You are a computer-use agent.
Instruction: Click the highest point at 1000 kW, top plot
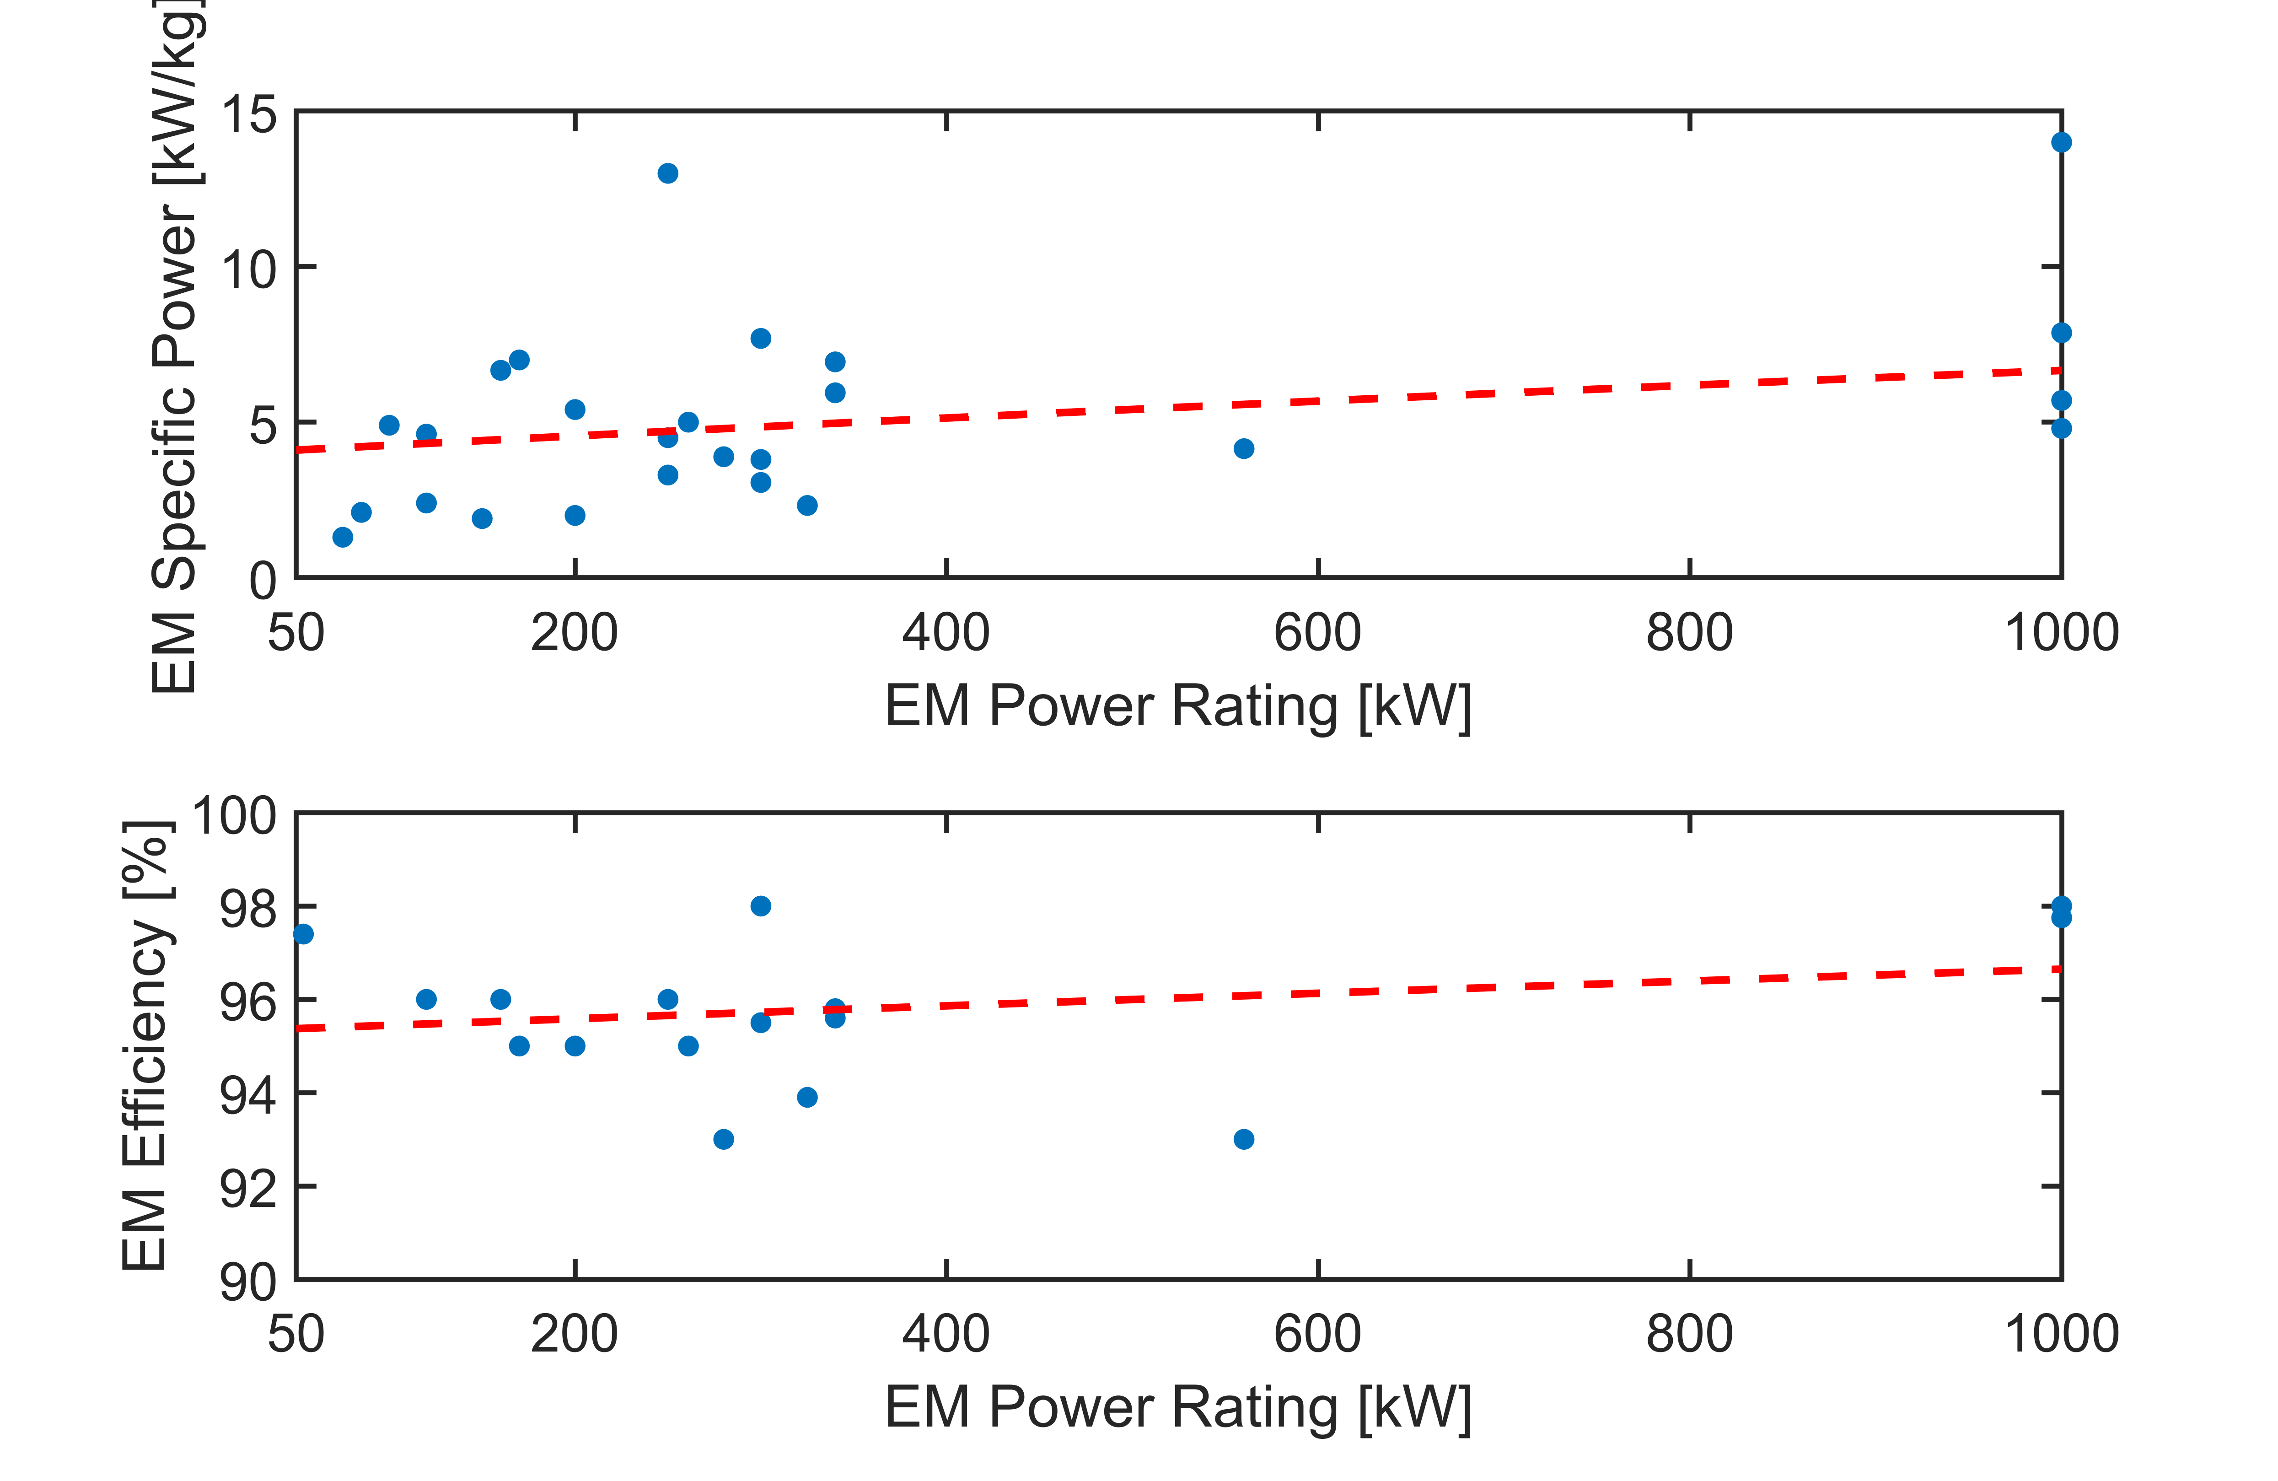[2061, 143]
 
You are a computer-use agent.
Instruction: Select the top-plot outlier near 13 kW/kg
[668, 173]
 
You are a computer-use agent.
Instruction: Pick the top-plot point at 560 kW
[1243, 449]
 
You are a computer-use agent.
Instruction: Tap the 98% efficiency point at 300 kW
[761, 905]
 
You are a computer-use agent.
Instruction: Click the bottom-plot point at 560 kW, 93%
[1243, 1139]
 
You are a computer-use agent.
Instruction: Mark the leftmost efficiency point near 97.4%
[303, 933]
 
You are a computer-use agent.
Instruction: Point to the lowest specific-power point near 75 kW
[343, 537]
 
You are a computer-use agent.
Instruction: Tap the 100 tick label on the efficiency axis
[235, 817]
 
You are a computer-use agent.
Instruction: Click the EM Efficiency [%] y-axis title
[146, 1045]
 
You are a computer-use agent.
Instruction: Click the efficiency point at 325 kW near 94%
[807, 1097]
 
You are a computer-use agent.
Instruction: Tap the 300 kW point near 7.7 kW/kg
[761, 338]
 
